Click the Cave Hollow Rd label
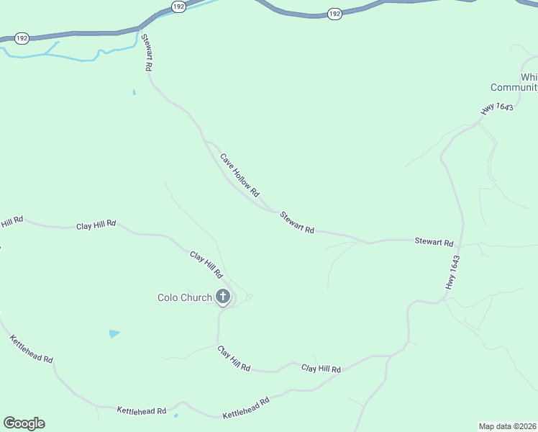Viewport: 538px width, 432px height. coord(240,175)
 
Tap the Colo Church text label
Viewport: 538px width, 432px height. coord(185,297)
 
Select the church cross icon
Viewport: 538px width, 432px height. coord(223,296)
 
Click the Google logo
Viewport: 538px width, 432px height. coord(24,423)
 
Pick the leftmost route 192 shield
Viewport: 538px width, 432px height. coord(22,38)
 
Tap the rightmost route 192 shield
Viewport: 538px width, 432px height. coord(334,14)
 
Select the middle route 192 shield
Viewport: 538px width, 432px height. coord(178,6)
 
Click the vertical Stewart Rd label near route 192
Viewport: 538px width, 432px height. coord(147,53)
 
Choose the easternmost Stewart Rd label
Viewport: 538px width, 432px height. coord(434,243)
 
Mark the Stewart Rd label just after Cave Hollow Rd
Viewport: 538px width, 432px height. coord(297,222)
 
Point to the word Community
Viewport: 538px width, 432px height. coord(514,88)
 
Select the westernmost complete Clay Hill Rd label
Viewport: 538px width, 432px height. coord(96,225)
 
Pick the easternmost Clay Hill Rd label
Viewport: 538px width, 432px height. coord(321,369)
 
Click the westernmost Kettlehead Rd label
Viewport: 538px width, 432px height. coord(31,348)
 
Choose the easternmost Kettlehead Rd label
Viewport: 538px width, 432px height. coord(245,408)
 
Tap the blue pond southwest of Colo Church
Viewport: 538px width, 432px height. coord(114,333)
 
